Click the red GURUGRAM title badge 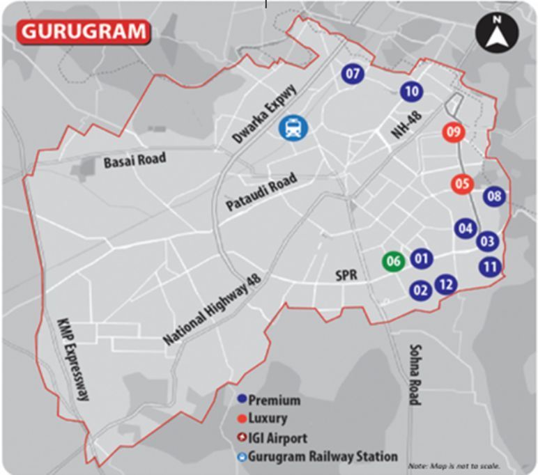84,31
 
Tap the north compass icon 496,32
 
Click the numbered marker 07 353,73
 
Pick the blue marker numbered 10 411,91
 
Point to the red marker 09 454,132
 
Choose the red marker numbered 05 462,184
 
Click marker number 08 494,196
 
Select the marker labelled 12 447,284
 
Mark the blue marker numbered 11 491,266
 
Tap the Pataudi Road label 261,193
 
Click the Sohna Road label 415,374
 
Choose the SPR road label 346,276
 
